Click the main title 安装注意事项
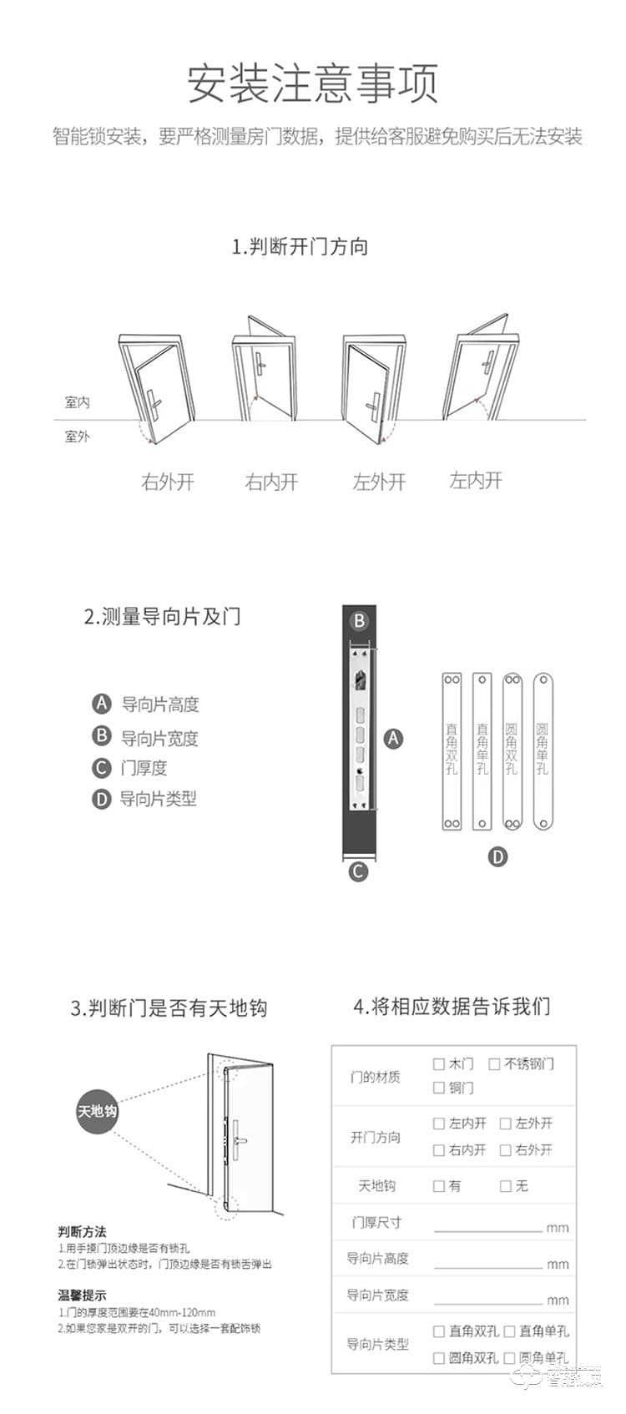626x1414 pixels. click(x=312, y=83)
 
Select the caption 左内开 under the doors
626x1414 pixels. click(x=476, y=480)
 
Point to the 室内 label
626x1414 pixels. click(x=77, y=402)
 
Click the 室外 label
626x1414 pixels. click(x=77, y=436)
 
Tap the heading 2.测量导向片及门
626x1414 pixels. click(x=162, y=617)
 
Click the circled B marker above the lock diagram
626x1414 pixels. click(x=359, y=621)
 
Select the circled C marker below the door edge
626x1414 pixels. click(x=358, y=871)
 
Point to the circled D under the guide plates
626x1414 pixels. click(x=497, y=856)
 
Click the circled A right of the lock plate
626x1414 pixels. click(x=392, y=738)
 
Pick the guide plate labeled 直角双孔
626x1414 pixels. click(x=452, y=751)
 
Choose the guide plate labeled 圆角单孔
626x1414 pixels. click(x=543, y=751)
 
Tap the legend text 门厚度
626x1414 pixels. click(x=144, y=768)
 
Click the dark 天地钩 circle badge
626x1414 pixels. click(x=98, y=1111)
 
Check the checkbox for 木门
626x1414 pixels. click(x=438, y=1064)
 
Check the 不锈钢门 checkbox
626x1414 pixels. click(x=494, y=1064)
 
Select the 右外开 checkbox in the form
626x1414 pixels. click(x=505, y=1150)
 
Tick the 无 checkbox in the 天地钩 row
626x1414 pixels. click(x=505, y=1186)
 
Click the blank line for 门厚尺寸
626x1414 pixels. click(x=487, y=1225)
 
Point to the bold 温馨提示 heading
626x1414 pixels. click(x=82, y=1295)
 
